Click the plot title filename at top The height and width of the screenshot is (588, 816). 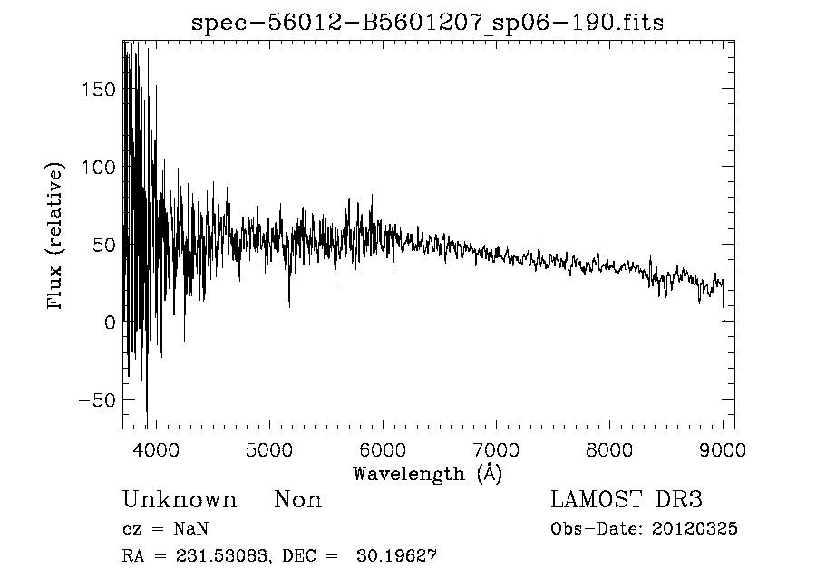coord(427,23)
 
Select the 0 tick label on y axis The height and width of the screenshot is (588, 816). coord(111,323)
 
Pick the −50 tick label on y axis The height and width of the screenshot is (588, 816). coord(96,400)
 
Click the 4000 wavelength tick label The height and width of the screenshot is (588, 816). coord(154,449)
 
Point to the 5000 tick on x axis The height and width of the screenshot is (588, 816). coord(268,449)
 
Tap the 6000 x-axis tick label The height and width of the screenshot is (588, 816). coord(382,449)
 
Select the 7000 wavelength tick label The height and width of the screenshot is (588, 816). coord(496,449)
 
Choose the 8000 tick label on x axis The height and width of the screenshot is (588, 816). coord(609,449)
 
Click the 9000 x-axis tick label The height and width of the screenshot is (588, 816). coord(723,449)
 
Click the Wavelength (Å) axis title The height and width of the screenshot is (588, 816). coord(427,473)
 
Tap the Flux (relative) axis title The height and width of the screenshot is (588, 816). coord(56,236)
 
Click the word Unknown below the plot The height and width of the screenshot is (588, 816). coord(180,500)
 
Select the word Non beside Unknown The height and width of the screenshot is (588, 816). coord(297,500)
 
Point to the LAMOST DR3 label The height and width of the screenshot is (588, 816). coord(627,500)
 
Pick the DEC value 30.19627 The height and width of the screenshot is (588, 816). coord(404,556)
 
